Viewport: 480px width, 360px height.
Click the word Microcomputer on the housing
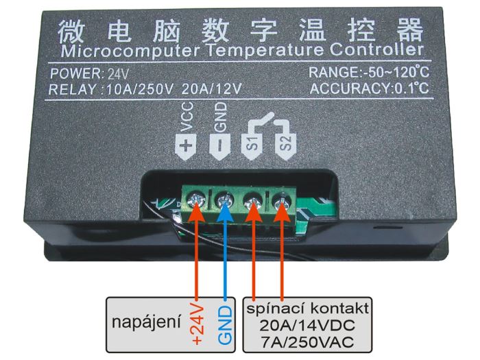point(131,51)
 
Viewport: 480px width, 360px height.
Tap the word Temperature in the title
point(265,51)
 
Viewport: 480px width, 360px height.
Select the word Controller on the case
point(376,49)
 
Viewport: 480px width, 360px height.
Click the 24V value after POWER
point(118,74)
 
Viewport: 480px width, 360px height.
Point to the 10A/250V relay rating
point(140,89)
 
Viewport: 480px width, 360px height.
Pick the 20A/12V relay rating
point(211,88)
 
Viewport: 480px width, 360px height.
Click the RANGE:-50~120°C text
point(369,73)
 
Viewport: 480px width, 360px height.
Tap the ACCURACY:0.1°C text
point(369,88)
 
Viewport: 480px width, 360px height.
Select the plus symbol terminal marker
point(186,146)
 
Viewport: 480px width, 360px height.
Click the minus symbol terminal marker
point(220,146)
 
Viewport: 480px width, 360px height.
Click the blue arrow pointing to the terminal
point(226,250)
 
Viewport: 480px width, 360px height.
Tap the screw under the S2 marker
point(282,201)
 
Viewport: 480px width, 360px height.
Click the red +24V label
point(197,324)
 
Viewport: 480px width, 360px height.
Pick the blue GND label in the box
point(226,326)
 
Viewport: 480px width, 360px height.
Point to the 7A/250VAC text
point(307,342)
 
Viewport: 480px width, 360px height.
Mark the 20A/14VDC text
point(307,326)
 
